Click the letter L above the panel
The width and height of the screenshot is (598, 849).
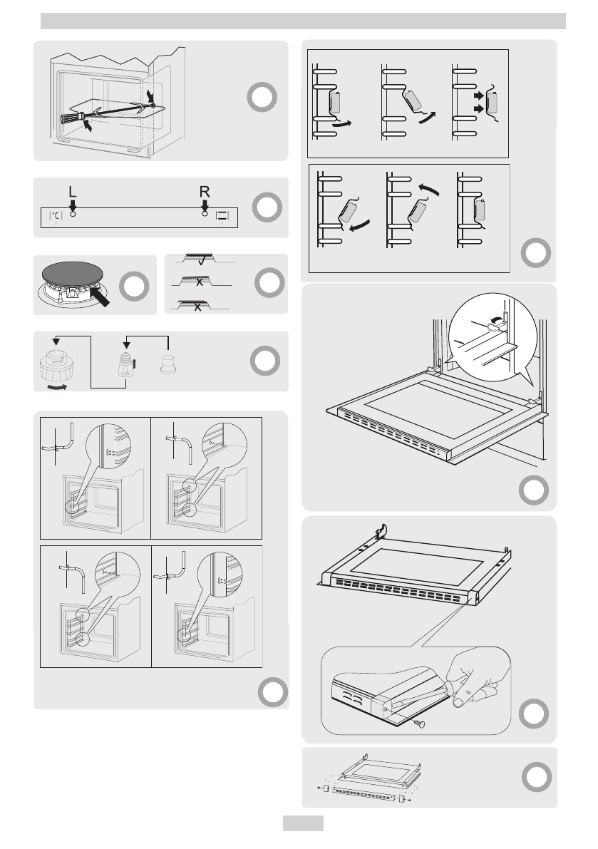73,192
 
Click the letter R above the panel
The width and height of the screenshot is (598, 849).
204,192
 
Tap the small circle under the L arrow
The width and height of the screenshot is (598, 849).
73,214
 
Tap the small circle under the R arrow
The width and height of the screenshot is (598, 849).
205,214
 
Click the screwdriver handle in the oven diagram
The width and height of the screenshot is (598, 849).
73,118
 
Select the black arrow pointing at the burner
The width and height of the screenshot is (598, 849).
100,296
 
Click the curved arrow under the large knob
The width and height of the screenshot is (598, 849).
57,387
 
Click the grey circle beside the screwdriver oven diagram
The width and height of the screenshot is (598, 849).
262,97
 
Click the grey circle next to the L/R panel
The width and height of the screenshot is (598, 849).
267,207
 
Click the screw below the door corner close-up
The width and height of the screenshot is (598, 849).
419,723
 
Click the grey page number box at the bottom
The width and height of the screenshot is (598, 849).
303,823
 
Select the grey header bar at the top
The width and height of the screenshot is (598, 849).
303,21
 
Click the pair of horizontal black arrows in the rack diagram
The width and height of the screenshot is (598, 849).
478,102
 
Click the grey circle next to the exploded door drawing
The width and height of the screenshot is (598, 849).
536,777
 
